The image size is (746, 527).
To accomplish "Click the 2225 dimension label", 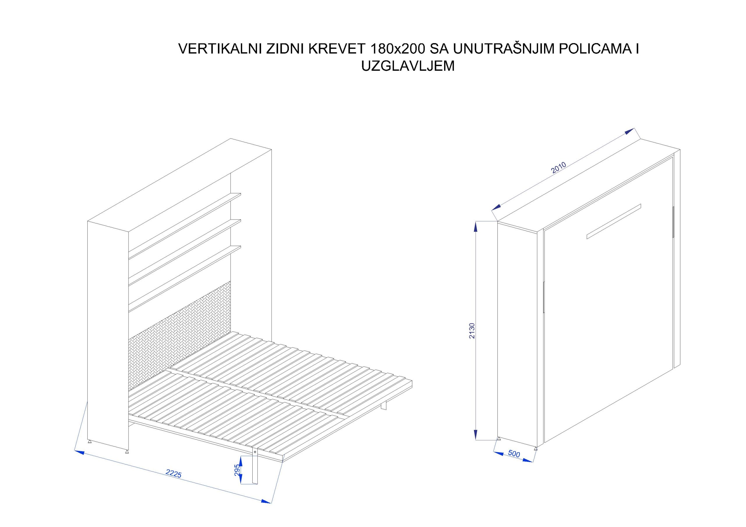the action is pos(173,474).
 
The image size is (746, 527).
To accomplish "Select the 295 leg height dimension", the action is pos(237,470).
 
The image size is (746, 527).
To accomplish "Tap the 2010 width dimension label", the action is pos(559,167).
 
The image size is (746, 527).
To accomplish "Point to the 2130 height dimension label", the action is pos(472,330).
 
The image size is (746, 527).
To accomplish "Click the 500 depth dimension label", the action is pos(514,453).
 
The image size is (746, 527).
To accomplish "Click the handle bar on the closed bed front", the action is pos(614,222).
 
